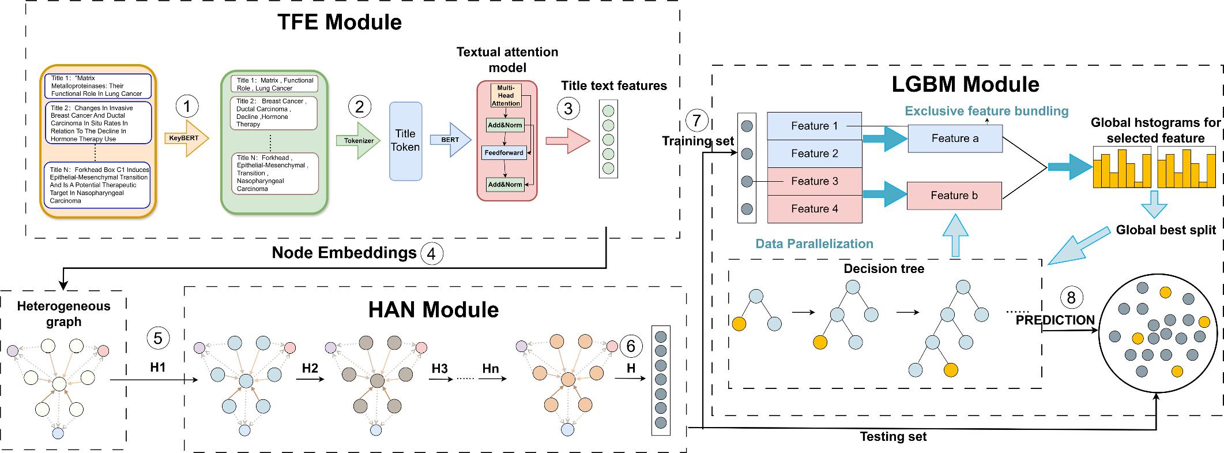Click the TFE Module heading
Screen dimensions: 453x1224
340,23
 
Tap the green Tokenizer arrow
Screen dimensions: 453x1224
358,140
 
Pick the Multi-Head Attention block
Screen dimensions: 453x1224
506,96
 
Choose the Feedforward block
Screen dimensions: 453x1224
504,153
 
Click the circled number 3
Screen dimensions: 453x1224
568,108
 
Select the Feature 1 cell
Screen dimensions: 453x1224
814,126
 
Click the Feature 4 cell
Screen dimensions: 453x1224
814,209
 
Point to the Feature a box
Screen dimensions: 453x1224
955,138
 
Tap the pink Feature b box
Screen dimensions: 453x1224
954,196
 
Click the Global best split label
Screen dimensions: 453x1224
1165,230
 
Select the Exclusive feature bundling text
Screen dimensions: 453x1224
986,111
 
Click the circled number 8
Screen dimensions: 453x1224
1071,298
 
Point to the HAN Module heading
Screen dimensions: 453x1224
434,310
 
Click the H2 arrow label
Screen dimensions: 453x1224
310,368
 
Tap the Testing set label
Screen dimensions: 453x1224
893,437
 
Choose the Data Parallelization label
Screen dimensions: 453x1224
814,244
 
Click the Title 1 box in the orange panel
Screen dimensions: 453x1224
97,86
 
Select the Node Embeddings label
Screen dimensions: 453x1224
344,253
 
